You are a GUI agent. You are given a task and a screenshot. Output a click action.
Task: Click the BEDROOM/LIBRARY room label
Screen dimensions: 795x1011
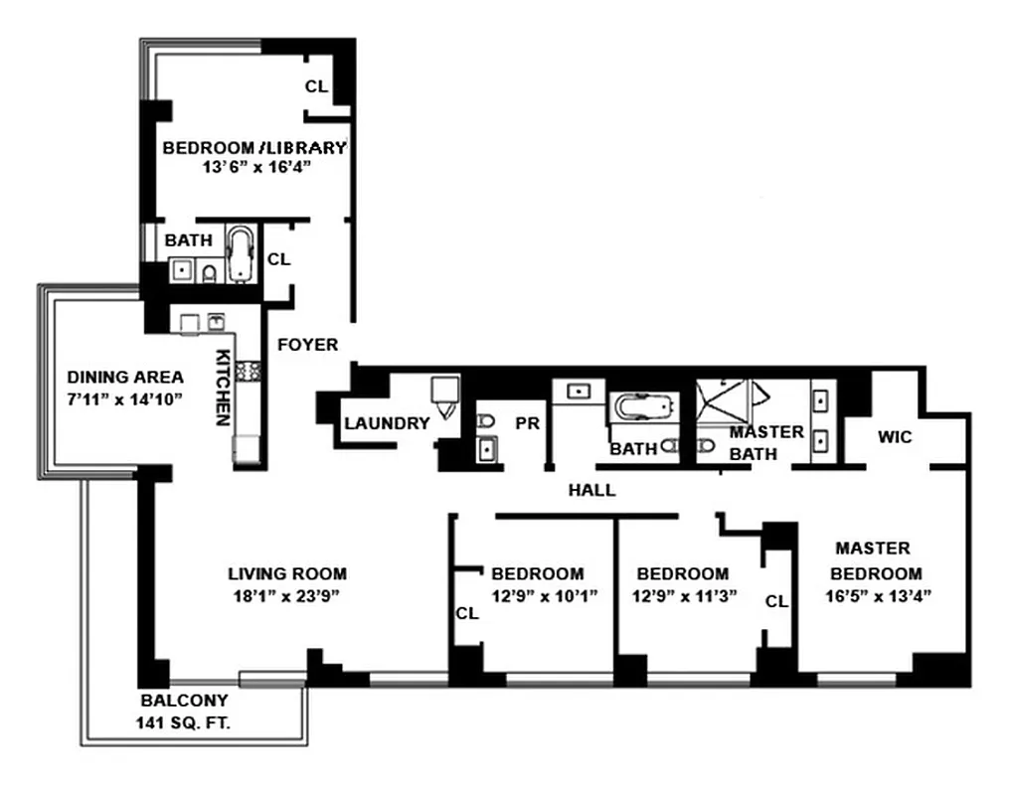pos(254,148)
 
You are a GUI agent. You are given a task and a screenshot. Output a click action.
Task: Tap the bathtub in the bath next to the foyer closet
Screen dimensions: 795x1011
pos(241,254)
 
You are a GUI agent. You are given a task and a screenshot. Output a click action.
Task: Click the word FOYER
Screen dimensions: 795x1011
pos(307,345)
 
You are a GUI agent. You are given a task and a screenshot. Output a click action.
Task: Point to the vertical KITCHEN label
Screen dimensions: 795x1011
pos(224,388)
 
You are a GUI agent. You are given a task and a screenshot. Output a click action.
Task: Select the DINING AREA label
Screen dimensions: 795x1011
pos(124,377)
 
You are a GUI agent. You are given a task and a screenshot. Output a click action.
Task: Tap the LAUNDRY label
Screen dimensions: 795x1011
pos(387,423)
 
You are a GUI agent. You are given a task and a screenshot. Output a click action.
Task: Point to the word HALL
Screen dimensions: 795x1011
pos(591,490)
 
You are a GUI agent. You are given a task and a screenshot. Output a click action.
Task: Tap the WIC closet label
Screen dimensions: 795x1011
pos(895,436)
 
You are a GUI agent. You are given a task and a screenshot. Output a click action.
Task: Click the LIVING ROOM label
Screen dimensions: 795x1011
pos(287,573)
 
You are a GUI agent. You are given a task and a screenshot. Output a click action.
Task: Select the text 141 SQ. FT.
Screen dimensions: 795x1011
pos(183,723)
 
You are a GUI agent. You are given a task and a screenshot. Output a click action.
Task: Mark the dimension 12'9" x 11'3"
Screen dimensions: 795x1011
pos(682,596)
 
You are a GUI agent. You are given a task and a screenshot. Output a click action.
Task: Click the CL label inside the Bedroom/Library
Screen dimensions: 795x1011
pos(316,86)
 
